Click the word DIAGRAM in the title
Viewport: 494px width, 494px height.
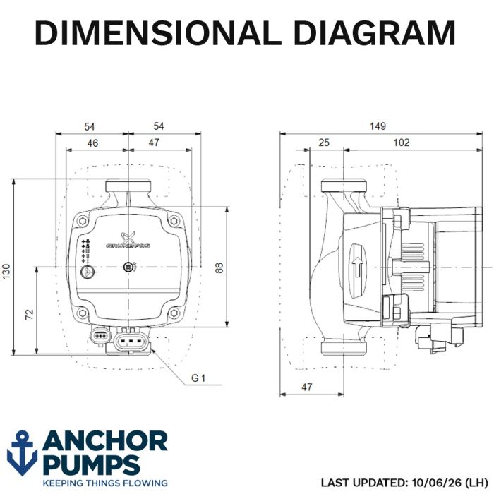click(375, 32)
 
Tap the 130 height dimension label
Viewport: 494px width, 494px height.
click(6, 271)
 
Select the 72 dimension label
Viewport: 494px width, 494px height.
click(29, 315)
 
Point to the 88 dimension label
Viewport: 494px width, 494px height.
click(219, 267)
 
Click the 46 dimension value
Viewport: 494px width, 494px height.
click(92, 143)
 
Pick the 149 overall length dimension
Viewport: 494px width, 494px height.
click(378, 126)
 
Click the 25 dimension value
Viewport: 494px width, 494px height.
click(324, 143)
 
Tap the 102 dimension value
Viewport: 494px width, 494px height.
click(402, 143)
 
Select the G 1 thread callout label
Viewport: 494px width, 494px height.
click(198, 378)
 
